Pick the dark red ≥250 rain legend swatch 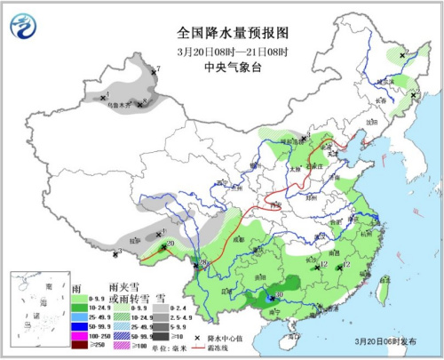78,345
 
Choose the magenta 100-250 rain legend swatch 78,336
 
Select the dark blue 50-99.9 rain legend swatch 78,327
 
